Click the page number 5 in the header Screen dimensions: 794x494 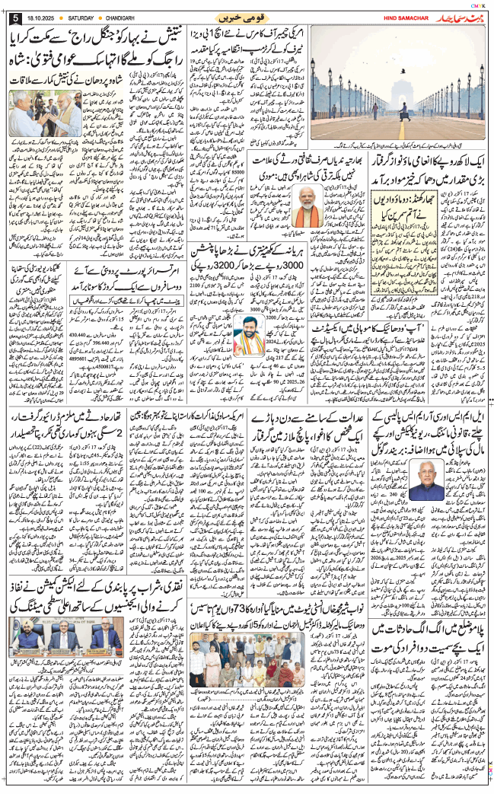pyautogui.click(x=15, y=17)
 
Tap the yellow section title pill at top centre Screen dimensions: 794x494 pyautogui.click(x=246, y=18)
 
